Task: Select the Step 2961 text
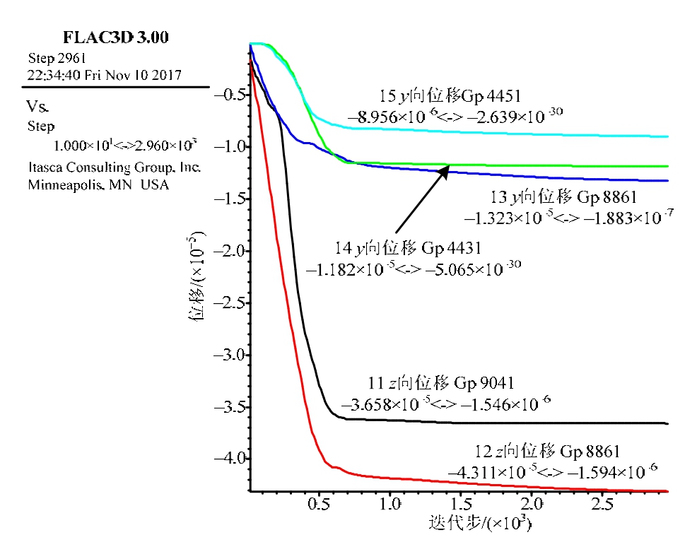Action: pos(57,58)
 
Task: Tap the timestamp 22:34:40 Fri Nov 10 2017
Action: pos(105,74)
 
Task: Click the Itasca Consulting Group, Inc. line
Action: pos(115,168)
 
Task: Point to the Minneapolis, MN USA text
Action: pos(98,185)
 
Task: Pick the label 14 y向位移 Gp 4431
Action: pos(408,249)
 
